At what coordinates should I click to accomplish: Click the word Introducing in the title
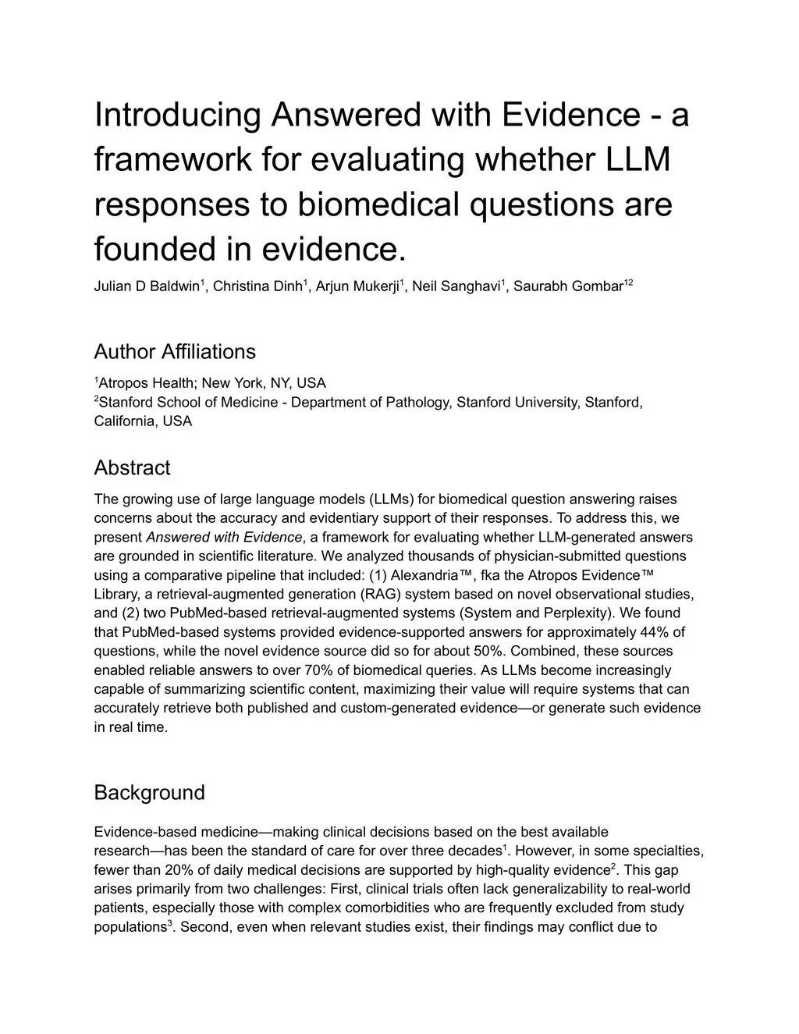coord(177,115)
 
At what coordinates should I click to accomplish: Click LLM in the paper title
coord(639,160)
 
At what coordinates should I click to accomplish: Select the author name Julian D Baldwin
coord(147,286)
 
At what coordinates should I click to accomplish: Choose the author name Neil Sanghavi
coord(456,286)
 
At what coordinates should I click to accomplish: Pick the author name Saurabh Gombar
coord(568,286)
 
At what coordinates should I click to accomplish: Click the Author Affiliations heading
coord(175,352)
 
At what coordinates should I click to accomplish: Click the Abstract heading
coord(132,468)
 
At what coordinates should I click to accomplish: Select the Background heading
coord(149,793)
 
